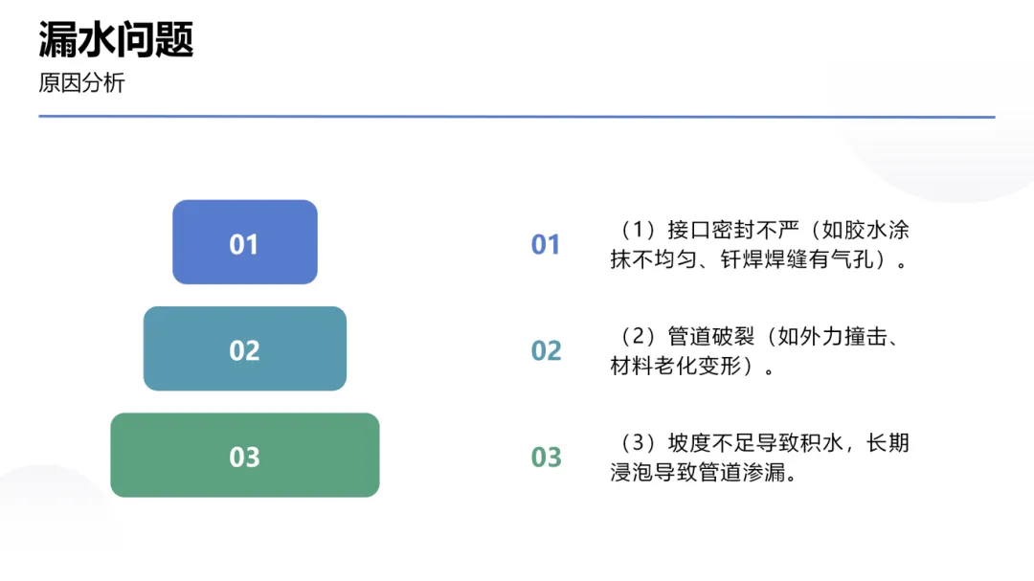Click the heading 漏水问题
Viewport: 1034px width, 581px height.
[x=116, y=40]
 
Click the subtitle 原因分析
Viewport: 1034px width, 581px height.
[x=81, y=83]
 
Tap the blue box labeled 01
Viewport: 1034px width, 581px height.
[x=244, y=243]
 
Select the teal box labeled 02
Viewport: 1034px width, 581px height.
[x=244, y=349]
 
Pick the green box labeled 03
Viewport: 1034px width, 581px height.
[x=244, y=456]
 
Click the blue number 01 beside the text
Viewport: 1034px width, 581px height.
[x=546, y=245]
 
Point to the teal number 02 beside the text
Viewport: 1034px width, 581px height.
[x=546, y=351]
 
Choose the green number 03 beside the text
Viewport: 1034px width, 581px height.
[x=546, y=458]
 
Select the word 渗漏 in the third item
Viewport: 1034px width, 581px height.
[x=775, y=472]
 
